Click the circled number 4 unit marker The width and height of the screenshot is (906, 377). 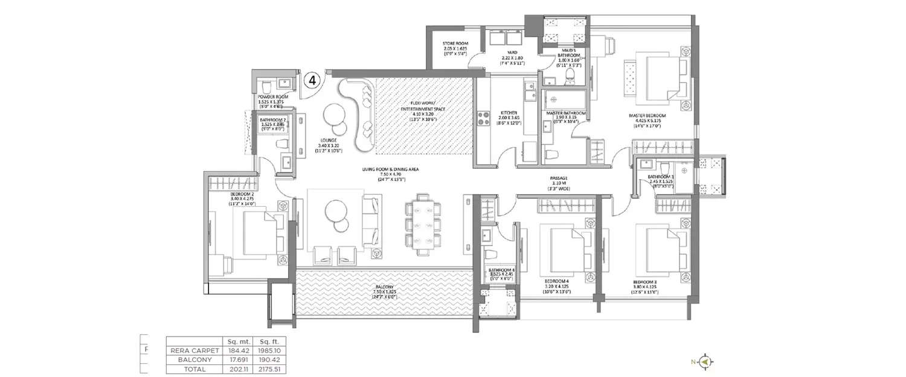(312, 80)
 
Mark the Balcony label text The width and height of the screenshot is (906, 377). (384, 291)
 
